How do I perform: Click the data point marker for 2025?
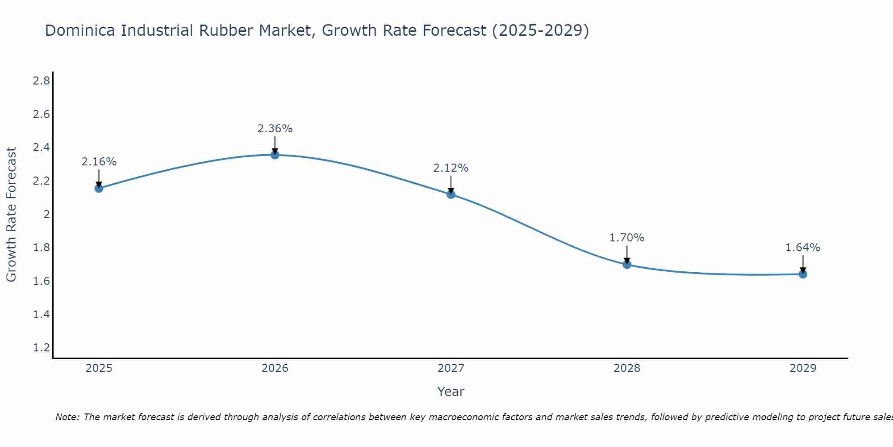tap(99, 188)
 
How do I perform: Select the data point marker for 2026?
tap(275, 155)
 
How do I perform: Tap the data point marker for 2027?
tap(451, 194)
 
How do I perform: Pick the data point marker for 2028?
tap(627, 264)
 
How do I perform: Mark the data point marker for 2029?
tap(803, 274)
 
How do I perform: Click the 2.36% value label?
tap(275, 129)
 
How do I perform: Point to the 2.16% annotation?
tap(99, 162)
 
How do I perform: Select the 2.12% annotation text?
tap(451, 168)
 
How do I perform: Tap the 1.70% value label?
tap(627, 238)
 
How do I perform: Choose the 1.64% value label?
tap(803, 248)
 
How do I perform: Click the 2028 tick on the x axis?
tap(627, 368)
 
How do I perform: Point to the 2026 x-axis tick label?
tap(275, 368)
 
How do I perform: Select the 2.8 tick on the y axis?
tap(41, 81)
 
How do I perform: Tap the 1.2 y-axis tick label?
tap(41, 348)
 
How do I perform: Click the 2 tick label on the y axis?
tap(46, 215)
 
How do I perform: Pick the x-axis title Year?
tap(451, 392)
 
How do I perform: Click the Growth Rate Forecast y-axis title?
tap(12, 215)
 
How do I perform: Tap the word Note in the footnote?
tap(67, 417)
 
